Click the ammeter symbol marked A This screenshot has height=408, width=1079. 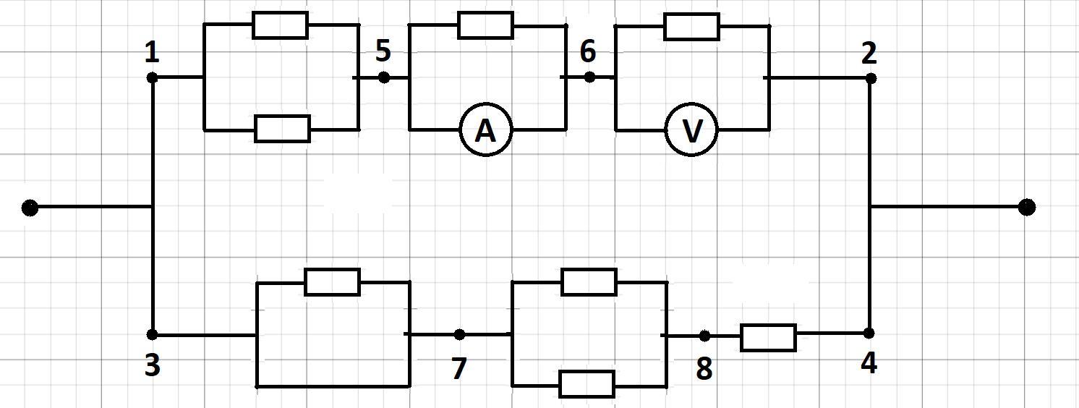[486, 131]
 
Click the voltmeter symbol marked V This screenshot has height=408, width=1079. [691, 131]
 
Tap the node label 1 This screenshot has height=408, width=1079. [152, 53]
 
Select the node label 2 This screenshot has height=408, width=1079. [869, 53]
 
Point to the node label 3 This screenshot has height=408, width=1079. [152, 366]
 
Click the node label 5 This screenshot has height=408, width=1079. [383, 51]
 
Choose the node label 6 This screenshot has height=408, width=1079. [588, 51]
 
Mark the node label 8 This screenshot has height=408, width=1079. [704, 370]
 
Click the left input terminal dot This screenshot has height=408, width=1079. [30, 208]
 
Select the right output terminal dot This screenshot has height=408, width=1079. [1026, 208]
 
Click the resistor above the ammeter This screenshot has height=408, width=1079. [486, 25]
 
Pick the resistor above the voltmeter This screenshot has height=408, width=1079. [691, 27]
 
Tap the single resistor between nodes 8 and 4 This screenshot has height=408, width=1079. [768, 338]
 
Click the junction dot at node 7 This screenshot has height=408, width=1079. [459, 334]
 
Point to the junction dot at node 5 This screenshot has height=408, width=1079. [383, 77]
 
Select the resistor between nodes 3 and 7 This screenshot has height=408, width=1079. [332, 281]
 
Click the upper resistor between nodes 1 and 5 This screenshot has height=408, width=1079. [280, 25]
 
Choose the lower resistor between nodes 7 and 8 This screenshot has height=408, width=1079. [587, 384]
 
